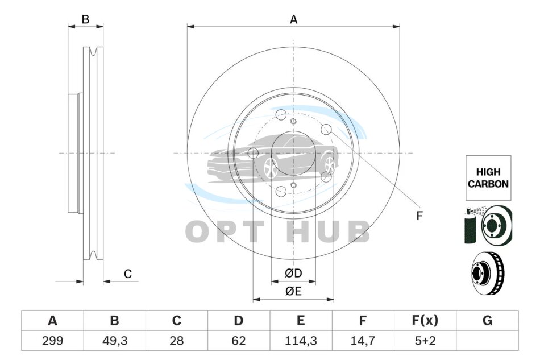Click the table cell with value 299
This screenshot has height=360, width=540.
(52, 341)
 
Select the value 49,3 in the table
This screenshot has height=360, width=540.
(115, 341)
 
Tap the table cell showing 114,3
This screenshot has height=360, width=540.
(301, 341)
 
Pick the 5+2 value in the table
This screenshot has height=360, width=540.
(425, 341)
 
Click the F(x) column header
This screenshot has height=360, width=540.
(425, 320)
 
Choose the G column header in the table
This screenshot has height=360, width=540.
(487, 320)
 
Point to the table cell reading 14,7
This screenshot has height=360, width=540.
(363, 341)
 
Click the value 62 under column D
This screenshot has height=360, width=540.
(239, 341)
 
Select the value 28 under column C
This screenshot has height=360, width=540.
(177, 341)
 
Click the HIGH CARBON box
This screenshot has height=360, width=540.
(488, 178)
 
